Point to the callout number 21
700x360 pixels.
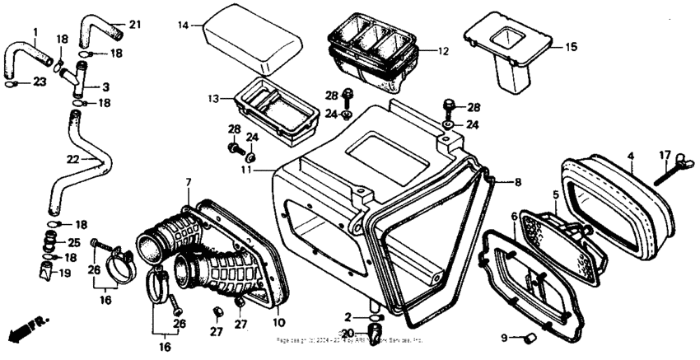click(135, 24)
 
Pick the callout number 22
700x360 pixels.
click(72, 159)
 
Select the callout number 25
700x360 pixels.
click(73, 243)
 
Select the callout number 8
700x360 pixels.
click(518, 181)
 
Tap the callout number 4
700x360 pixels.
click(631, 156)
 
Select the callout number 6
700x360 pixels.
click(515, 216)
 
